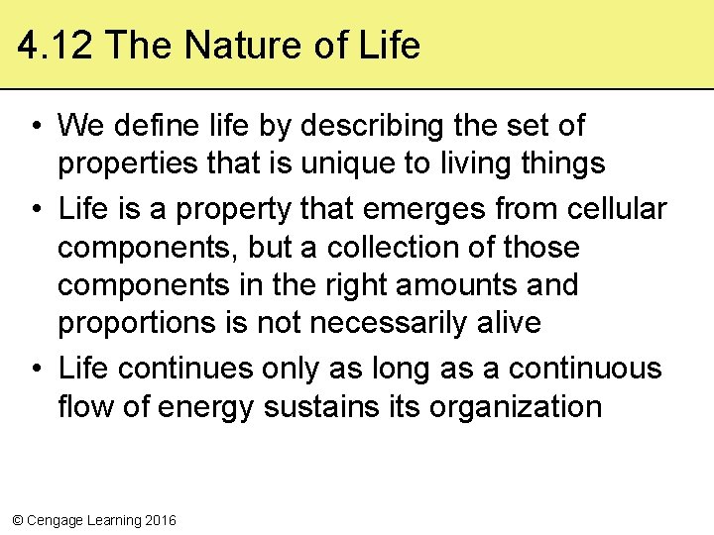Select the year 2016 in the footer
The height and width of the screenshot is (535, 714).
[x=161, y=520]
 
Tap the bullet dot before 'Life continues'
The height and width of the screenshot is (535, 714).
[x=35, y=370]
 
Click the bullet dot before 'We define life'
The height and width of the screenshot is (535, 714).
[x=35, y=127]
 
